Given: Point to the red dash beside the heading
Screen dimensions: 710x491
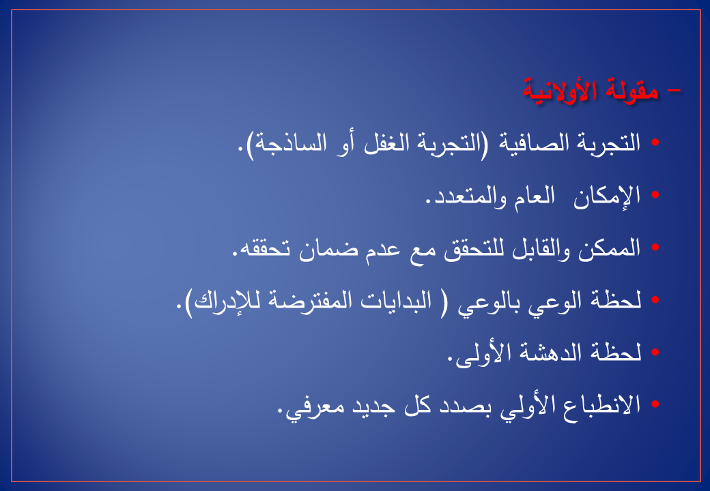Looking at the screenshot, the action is point(674,91).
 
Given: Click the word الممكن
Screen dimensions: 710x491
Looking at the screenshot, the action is point(609,248).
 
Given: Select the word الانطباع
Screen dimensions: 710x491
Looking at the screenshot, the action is point(602,405).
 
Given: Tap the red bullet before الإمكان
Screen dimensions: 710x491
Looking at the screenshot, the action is point(655,195).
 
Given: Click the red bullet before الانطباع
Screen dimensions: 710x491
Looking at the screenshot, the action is point(655,404).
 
